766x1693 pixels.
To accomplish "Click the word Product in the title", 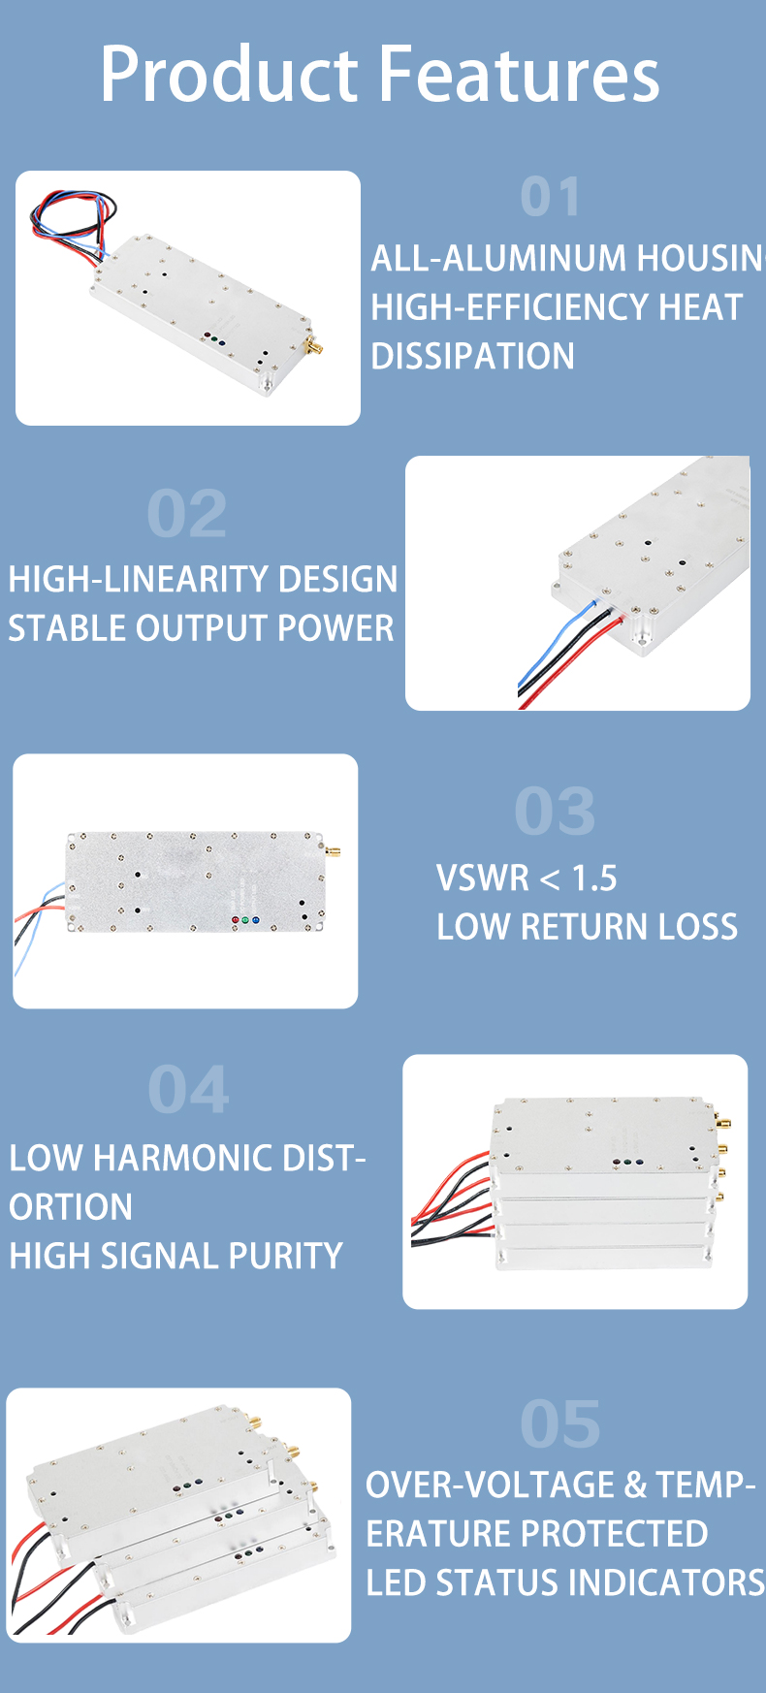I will tap(229, 75).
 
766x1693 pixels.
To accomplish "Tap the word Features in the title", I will tap(519, 75).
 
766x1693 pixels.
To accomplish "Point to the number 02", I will tap(187, 514).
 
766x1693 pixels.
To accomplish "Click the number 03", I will tap(555, 811).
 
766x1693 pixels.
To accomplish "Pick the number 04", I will tap(189, 1090).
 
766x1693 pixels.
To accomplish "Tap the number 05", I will tap(560, 1423).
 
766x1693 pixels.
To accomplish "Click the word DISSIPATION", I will tap(472, 356).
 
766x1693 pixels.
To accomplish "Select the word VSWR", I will tap(483, 878).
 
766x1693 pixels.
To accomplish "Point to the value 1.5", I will tap(593, 878).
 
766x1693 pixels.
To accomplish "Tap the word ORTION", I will tap(71, 1207).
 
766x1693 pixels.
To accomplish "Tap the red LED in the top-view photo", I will tap(235, 918).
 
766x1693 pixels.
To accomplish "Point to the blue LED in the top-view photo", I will tap(256, 918).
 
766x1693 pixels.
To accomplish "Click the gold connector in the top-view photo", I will tap(332, 853).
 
